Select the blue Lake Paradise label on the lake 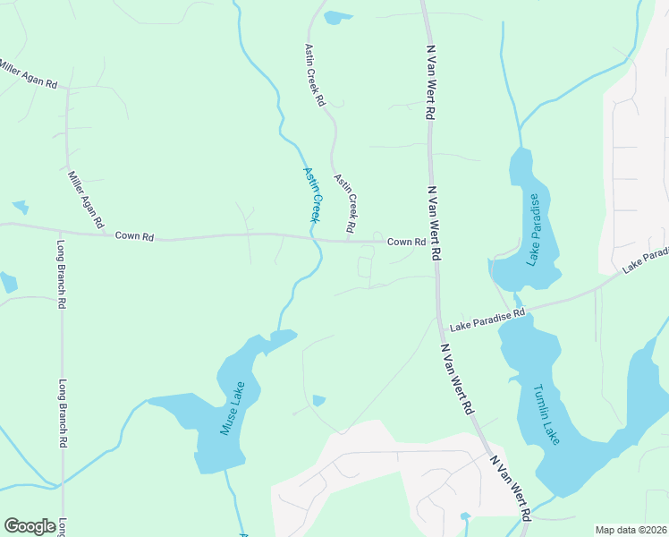point(533,229)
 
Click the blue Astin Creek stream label point(311,194)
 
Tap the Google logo point(30,526)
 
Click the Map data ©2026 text point(631,529)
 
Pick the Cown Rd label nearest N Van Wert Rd point(406,243)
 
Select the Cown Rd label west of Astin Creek point(134,236)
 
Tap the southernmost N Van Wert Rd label point(510,488)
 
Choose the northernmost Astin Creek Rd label point(314,75)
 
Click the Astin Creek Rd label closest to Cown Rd point(346,198)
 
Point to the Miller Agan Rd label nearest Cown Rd point(87,197)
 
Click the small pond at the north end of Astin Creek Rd point(338,17)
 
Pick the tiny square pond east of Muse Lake point(318,400)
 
